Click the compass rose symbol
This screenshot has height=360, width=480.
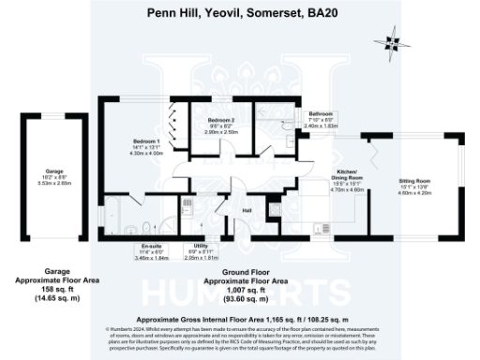coord(392,41)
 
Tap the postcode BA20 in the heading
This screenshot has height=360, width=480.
coord(317,13)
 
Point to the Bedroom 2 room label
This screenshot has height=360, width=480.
coord(220,121)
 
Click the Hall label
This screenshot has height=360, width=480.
coord(247,211)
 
